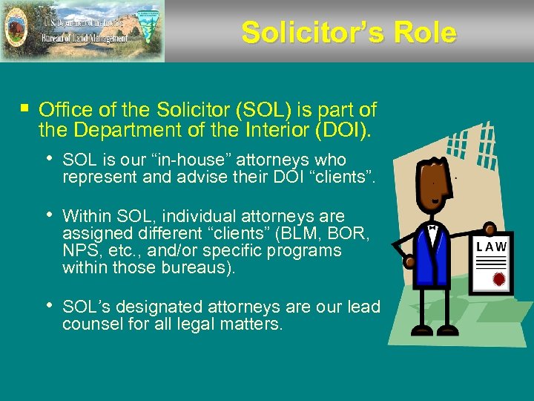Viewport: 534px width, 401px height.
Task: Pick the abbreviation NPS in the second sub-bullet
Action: pos(81,250)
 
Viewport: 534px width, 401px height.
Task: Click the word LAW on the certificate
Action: pos(492,247)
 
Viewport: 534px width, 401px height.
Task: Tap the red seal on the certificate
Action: pos(499,279)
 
